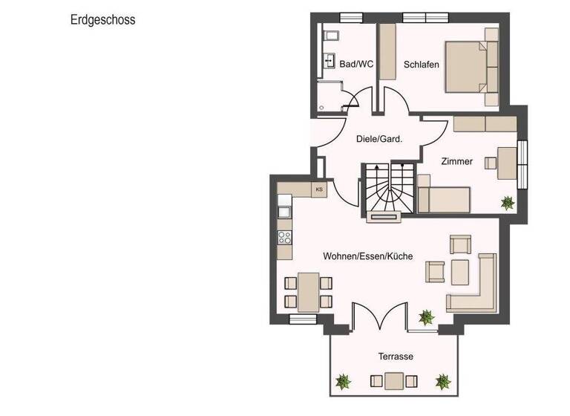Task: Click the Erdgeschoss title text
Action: [x=102, y=21]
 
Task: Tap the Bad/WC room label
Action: [x=356, y=65]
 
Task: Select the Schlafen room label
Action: [x=421, y=65]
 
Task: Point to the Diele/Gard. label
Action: [x=379, y=138]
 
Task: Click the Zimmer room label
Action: [x=456, y=161]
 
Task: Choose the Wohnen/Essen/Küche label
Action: [x=367, y=256]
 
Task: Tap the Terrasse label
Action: [x=395, y=357]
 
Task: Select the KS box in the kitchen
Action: [x=319, y=189]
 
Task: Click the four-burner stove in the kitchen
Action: [x=284, y=238]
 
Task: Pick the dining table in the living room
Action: [x=308, y=290]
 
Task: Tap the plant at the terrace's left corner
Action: [x=343, y=383]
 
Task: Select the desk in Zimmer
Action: [x=507, y=163]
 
